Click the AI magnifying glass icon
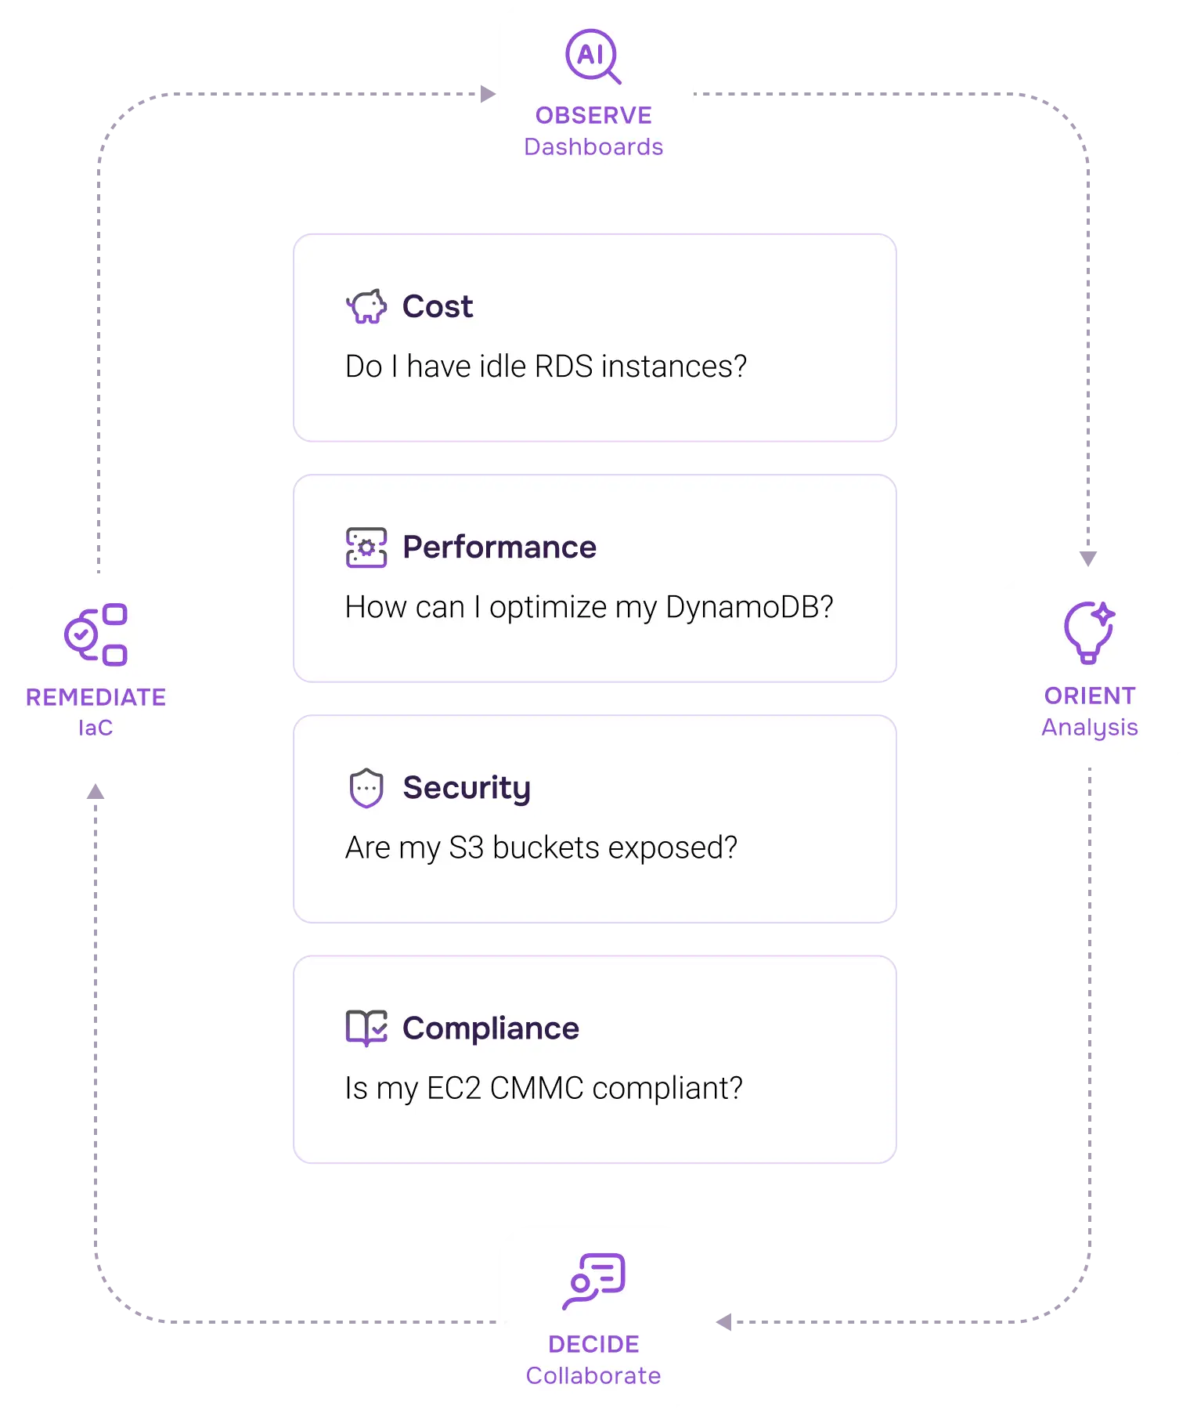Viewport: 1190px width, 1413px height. tap(593, 56)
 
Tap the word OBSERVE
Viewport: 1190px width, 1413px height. tap(593, 116)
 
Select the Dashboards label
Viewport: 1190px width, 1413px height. tap(593, 147)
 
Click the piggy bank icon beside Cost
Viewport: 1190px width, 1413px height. tap(366, 306)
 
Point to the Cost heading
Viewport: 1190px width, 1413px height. tap(438, 306)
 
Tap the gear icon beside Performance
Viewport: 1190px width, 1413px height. tap(366, 547)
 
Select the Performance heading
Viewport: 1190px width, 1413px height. tap(499, 547)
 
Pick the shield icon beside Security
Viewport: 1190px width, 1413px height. tap(366, 788)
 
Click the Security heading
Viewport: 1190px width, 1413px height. tap(467, 788)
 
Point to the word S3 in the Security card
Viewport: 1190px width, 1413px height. tap(466, 847)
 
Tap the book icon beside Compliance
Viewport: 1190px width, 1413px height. tap(366, 1028)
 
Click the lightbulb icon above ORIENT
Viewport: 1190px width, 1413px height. tap(1088, 632)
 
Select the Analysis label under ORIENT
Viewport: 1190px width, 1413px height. tap(1089, 728)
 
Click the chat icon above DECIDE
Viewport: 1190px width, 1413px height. tap(594, 1281)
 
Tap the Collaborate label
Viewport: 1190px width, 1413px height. tap(593, 1376)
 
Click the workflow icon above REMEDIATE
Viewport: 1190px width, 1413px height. tap(96, 634)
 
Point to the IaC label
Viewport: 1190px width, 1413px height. tap(96, 728)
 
